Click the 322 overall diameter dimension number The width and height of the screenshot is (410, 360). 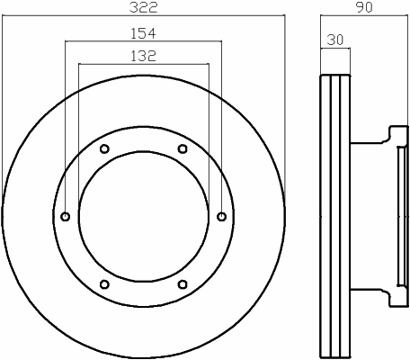[x=143, y=7]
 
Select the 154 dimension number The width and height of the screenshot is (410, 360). [x=143, y=33]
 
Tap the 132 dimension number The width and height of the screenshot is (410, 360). [x=143, y=56]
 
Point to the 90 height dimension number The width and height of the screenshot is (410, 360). [x=364, y=7]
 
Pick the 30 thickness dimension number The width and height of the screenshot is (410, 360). [x=335, y=40]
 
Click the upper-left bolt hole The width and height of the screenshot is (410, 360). [x=104, y=148]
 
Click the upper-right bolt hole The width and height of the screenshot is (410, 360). [x=183, y=148]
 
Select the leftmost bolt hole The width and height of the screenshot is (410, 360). [x=66, y=216]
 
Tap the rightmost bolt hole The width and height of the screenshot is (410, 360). [x=222, y=216]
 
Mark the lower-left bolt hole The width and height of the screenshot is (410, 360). [x=104, y=284]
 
